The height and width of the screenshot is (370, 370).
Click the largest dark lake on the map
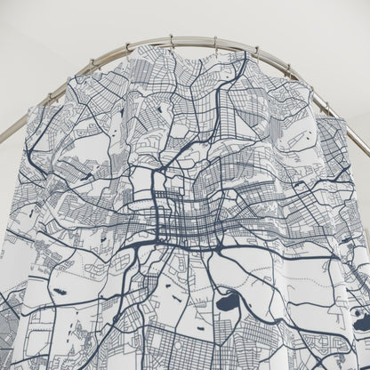point(228,302)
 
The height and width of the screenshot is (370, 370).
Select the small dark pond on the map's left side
point(60,290)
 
